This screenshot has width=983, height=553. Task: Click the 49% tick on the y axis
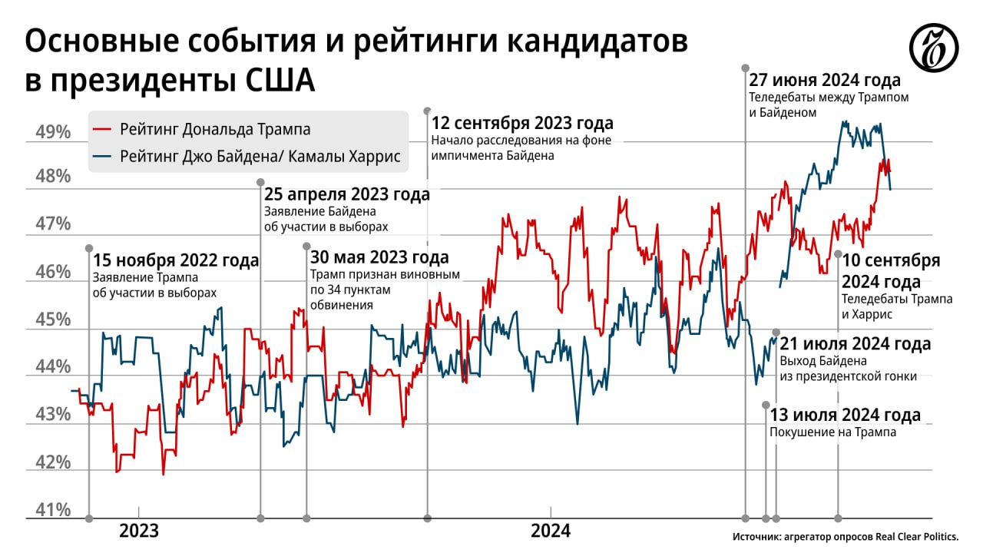pos(53,133)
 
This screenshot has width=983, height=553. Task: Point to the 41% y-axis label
pos(53,510)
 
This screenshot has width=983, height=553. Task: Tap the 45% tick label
pos(53,320)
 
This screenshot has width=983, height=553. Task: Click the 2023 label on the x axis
pos(139,531)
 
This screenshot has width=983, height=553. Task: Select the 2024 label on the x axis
pos(551,531)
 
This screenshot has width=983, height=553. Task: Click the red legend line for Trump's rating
pos(101,130)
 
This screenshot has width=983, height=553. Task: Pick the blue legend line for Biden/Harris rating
pos(101,157)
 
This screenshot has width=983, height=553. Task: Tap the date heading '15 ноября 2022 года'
pos(176,261)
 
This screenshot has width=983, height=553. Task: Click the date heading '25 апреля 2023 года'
pos(347,194)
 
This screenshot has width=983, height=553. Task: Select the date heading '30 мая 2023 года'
pos(379,257)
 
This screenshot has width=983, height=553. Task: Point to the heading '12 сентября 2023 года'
pos(522,123)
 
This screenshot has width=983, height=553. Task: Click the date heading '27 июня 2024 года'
pos(825,81)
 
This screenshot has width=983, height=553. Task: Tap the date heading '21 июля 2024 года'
pos(855,344)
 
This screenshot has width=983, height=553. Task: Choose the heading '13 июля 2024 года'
pos(845,416)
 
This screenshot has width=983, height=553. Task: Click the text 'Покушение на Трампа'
pos(832,432)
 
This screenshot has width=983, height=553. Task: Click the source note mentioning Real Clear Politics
pos(846,538)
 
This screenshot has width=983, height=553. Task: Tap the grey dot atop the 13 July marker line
pos(765,405)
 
